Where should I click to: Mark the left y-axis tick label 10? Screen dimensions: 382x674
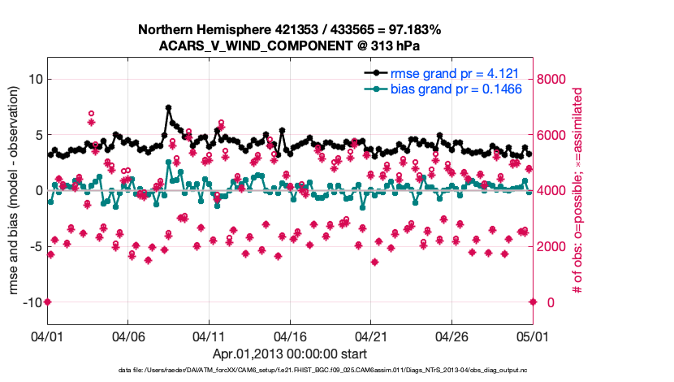point(35,79)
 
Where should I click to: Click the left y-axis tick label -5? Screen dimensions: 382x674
point(34,246)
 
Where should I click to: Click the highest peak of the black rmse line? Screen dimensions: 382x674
point(168,107)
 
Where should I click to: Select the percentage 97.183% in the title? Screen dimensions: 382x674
point(413,30)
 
